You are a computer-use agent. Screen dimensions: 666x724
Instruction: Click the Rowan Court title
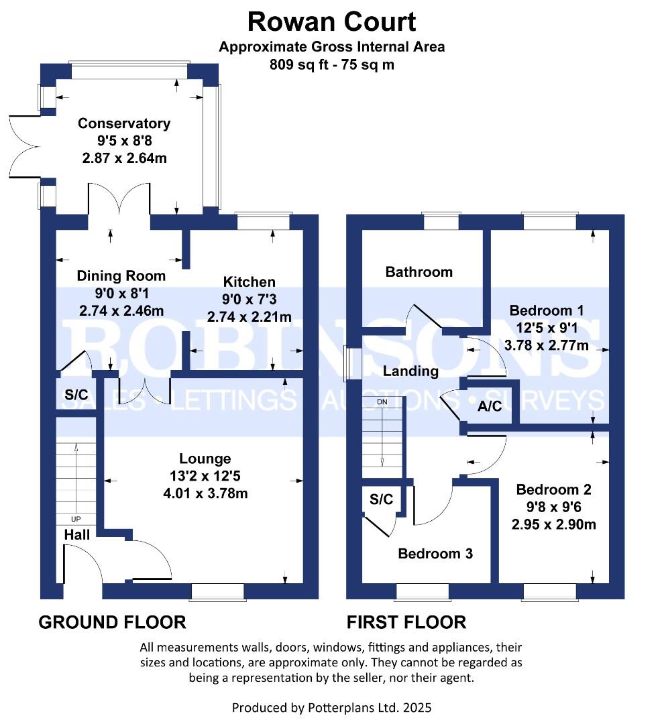(331, 21)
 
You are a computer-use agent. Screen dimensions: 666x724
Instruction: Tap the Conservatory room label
(124, 124)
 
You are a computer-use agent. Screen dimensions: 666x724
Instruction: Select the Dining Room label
(121, 276)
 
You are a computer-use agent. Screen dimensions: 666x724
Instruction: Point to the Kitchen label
(249, 282)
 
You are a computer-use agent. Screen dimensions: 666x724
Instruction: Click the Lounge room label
(205, 459)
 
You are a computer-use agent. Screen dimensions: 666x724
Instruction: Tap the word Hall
(76, 535)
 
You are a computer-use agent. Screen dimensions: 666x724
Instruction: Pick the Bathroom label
(419, 272)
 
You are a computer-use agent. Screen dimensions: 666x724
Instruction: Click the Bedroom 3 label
(435, 554)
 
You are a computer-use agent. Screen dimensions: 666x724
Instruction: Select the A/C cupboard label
(490, 406)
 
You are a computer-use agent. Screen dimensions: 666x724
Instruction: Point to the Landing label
(410, 371)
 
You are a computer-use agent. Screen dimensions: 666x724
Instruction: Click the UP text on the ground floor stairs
(76, 519)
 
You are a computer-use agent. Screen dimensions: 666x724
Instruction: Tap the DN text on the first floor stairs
(382, 402)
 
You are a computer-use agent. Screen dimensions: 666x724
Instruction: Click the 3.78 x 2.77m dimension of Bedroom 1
(547, 345)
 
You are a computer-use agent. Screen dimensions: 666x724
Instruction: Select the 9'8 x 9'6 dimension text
(554, 507)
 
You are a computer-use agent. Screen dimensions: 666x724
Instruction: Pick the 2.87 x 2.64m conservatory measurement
(124, 158)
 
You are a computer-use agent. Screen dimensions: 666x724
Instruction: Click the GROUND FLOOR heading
(112, 622)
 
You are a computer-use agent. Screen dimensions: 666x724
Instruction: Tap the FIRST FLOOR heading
(406, 622)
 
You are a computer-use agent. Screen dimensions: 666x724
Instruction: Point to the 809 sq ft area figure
(299, 64)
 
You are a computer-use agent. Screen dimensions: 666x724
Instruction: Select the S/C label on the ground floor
(76, 395)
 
